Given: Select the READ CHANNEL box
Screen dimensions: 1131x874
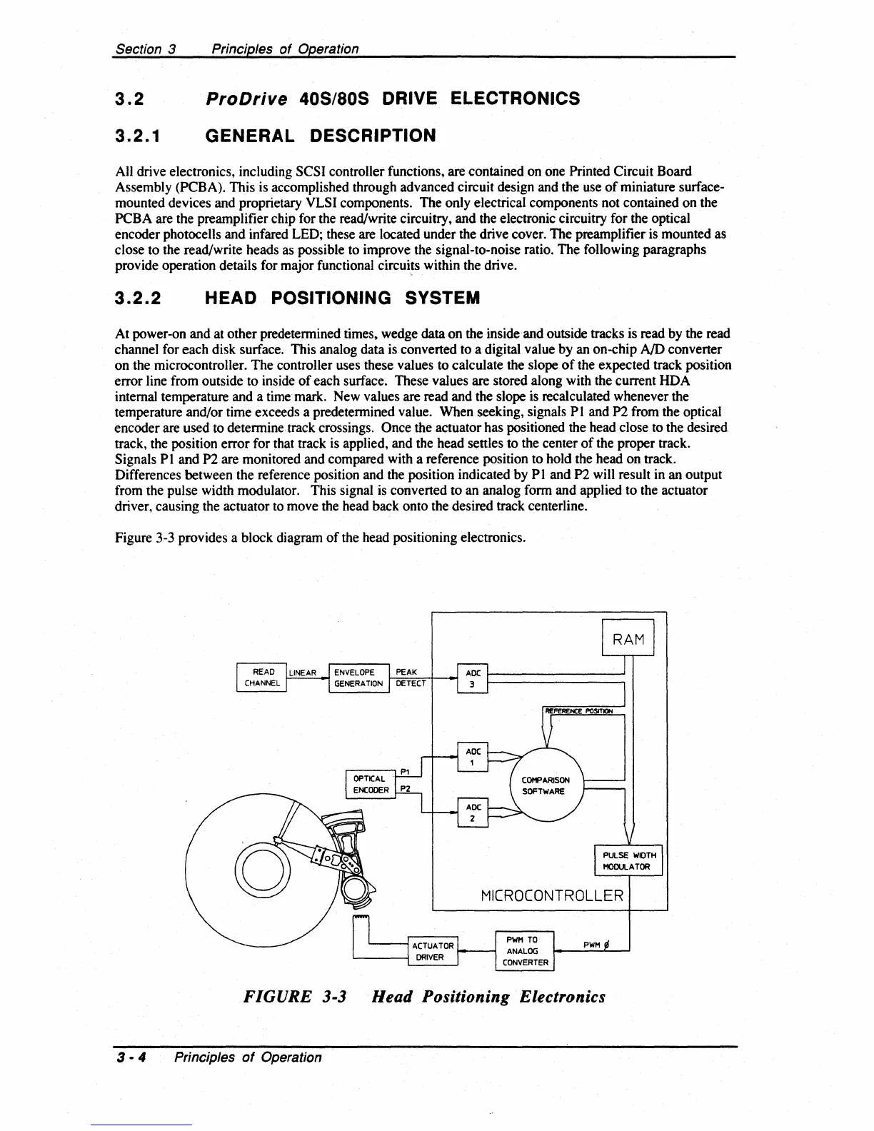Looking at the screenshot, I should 261,678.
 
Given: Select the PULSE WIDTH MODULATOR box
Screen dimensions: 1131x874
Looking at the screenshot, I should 628,860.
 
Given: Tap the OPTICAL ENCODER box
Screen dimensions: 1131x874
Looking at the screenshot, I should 371,784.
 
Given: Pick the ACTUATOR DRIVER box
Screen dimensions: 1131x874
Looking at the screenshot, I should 433,951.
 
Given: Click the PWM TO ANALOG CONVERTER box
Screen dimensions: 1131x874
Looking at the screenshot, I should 525,951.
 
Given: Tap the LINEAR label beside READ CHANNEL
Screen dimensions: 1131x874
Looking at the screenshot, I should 303,673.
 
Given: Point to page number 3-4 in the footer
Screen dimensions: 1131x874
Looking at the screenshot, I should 131,1057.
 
